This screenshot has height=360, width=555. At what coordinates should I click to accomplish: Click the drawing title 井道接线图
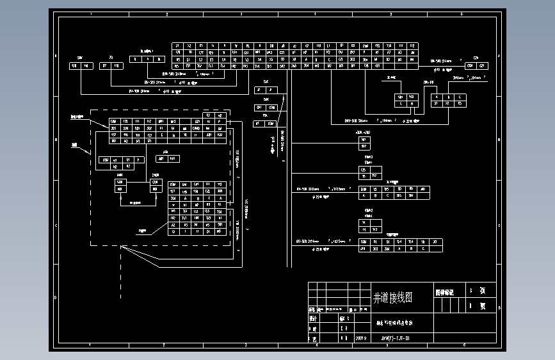392,298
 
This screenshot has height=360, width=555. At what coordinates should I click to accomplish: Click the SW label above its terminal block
80,58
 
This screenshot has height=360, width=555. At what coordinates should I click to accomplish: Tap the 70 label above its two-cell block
111,58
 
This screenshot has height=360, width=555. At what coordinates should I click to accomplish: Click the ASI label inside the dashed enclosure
165,152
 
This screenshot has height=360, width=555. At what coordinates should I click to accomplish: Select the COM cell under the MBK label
120,182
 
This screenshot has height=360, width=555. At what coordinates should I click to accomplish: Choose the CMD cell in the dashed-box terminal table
197,128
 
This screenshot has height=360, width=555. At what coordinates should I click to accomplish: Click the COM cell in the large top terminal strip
365,46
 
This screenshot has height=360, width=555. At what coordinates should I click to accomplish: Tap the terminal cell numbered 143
374,229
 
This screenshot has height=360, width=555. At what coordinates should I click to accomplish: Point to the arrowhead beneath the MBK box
120,197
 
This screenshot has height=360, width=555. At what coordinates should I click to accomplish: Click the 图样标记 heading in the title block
444,291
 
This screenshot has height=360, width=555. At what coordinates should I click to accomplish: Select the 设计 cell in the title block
314,318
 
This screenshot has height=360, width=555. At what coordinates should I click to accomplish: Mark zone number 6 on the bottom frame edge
463,345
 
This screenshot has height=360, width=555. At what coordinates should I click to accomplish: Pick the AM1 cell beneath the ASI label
161,158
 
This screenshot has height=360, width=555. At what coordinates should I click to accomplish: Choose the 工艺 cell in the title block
314,338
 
